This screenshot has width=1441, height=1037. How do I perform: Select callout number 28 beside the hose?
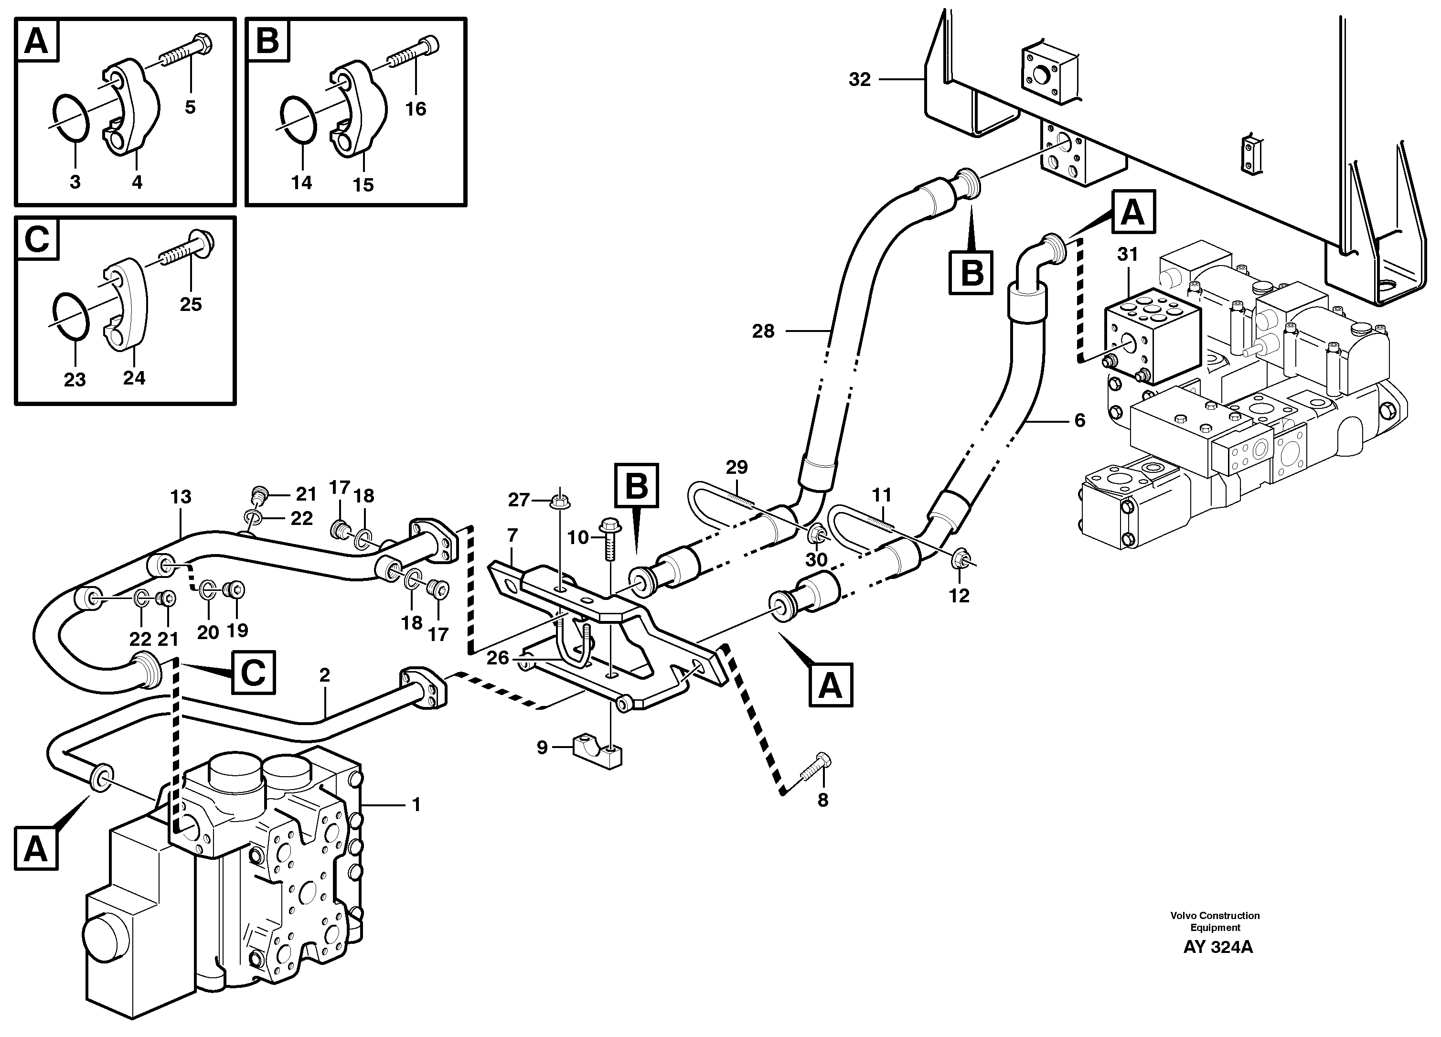pyautogui.click(x=763, y=331)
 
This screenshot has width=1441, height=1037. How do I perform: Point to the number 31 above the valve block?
pyautogui.click(x=1127, y=255)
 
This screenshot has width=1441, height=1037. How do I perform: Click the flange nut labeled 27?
pyautogui.click(x=559, y=502)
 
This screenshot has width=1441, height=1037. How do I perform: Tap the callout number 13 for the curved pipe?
pyautogui.click(x=181, y=497)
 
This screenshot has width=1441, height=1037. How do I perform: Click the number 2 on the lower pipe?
pyautogui.click(x=325, y=675)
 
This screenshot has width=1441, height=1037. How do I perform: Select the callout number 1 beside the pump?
pyautogui.click(x=416, y=805)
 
